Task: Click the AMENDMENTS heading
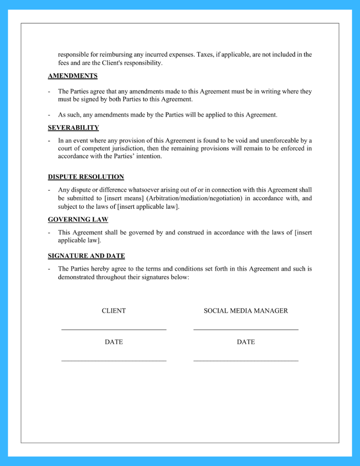click(x=73, y=76)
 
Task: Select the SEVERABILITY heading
click(x=73, y=128)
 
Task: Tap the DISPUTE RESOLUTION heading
click(x=86, y=177)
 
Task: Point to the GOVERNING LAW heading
click(x=78, y=220)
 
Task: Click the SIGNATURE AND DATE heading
click(x=86, y=256)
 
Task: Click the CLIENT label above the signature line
click(x=114, y=311)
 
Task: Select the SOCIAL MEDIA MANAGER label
click(x=246, y=311)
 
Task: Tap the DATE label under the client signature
click(x=114, y=342)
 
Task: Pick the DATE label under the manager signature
click(x=246, y=342)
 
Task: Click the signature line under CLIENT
click(x=114, y=330)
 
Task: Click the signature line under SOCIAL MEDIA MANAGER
click(x=246, y=330)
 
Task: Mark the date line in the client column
click(x=114, y=360)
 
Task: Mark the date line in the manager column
click(x=246, y=360)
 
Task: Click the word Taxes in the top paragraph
click(x=205, y=55)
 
